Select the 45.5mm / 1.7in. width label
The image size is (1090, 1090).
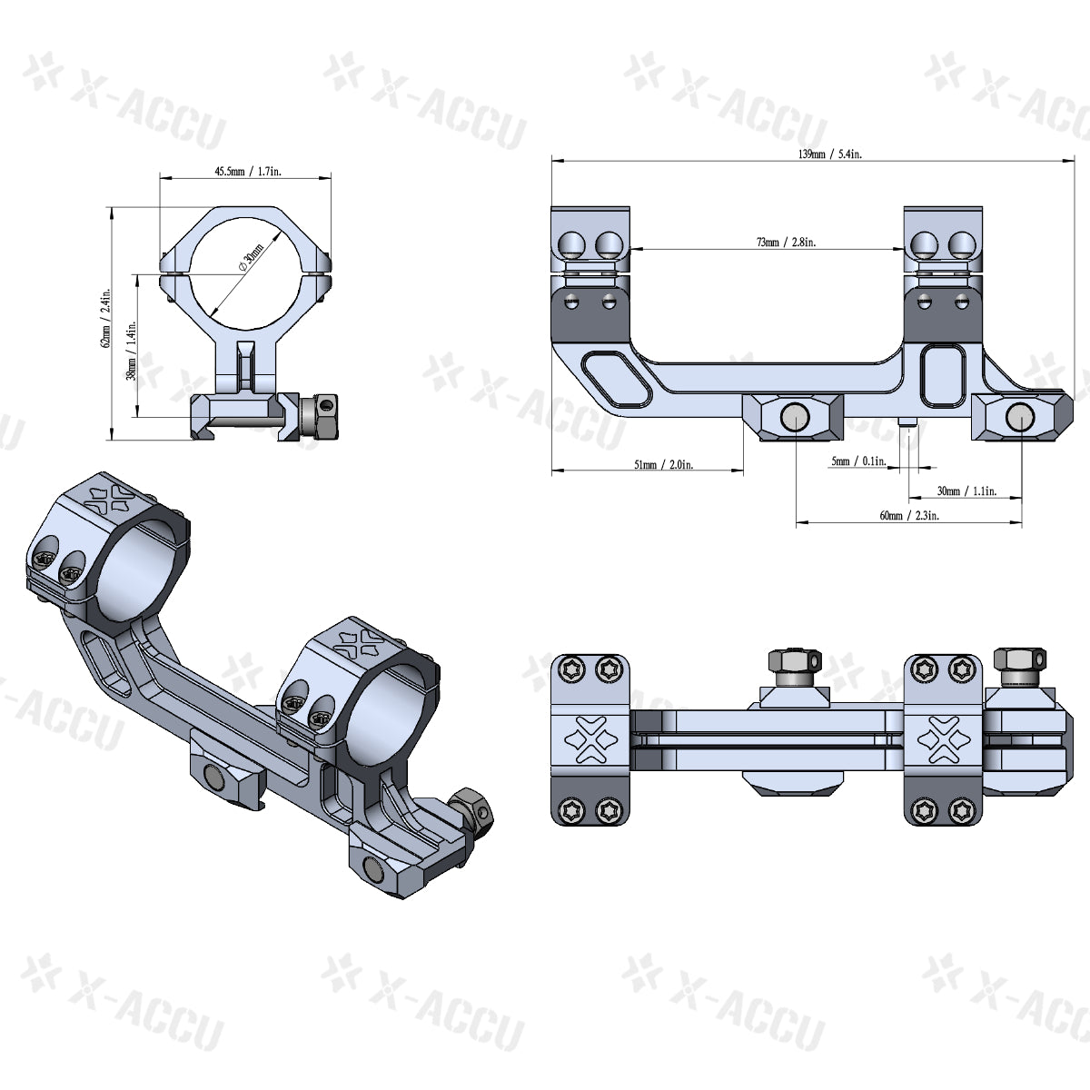pyautogui.click(x=246, y=171)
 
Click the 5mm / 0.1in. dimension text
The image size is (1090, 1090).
pyautogui.click(x=857, y=461)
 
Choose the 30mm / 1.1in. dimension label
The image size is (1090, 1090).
pyautogui.click(x=966, y=490)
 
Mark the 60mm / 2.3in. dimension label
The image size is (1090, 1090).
pyautogui.click(x=909, y=515)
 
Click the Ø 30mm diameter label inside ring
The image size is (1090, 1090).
pyautogui.click(x=251, y=256)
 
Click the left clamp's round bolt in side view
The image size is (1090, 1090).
pyautogui.click(x=795, y=417)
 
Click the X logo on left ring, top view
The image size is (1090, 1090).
pyautogui.click(x=590, y=736)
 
